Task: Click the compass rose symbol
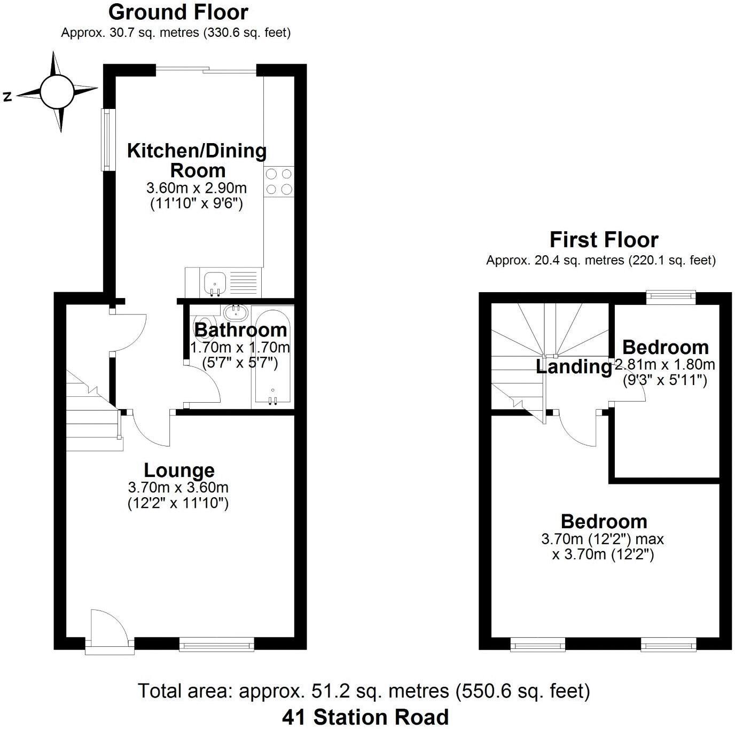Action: click(57, 91)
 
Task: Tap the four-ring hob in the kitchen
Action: click(279, 181)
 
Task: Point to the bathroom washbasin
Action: click(234, 312)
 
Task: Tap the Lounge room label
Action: click(179, 471)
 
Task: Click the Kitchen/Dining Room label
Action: click(197, 160)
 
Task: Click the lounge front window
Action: click(217, 646)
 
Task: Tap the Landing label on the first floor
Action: click(574, 367)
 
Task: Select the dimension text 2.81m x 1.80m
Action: click(666, 365)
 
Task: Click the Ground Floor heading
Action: click(178, 12)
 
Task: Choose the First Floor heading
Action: click(604, 240)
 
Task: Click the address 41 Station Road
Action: click(365, 717)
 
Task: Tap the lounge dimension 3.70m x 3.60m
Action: click(178, 487)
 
